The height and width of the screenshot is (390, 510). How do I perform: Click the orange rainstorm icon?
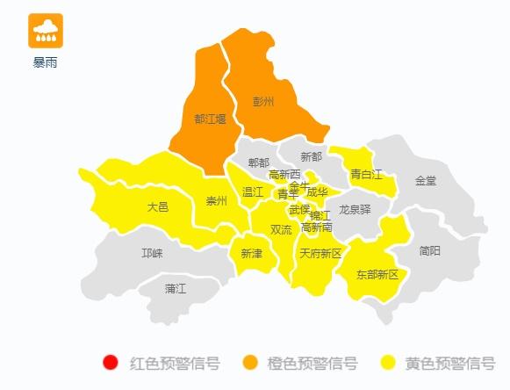pyautogui.click(x=45, y=31)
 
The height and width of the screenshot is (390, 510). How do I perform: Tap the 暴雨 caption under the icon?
pyautogui.click(x=46, y=63)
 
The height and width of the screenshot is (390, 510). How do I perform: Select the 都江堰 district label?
pyautogui.click(x=210, y=119)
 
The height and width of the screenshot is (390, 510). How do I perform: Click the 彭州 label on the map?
pyautogui.click(x=263, y=102)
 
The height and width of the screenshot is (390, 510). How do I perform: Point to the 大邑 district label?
pyautogui.click(x=157, y=207)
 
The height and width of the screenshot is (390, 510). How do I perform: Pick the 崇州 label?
pyautogui.click(x=216, y=201)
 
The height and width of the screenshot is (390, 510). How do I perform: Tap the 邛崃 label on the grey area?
pyautogui.click(x=152, y=253)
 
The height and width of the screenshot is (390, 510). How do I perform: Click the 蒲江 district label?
pyautogui.click(x=176, y=288)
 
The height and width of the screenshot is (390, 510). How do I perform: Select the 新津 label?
pyautogui.click(x=251, y=253)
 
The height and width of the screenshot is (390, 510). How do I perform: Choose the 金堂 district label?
pyautogui.click(x=426, y=180)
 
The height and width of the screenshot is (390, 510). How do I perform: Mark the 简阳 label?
pyautogui.click(x=430, y=250)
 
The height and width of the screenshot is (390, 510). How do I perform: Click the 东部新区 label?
pyautogui.click(x=377, y=274)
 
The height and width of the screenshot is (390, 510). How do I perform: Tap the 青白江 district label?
pyautogui.click(x=367, y=174)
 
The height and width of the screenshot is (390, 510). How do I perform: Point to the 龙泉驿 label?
pyautogui.click(x=355, y=209)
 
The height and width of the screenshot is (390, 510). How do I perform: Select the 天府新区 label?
pyautogui.click(x=320, y=253)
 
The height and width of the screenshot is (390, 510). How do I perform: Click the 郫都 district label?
pyautogui.click(x=259, y=162)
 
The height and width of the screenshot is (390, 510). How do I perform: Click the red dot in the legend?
pyautogui.click(x=110, y=363)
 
